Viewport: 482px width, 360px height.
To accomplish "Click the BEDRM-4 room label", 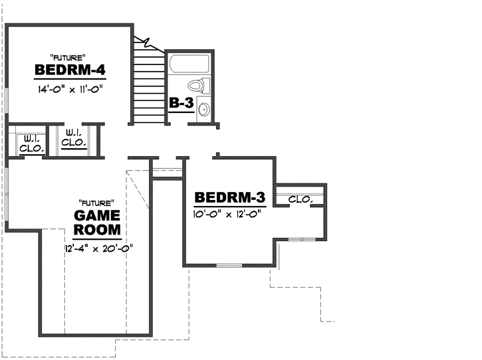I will click(71, 70).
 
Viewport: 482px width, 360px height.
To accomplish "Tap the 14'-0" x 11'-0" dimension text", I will click(71, 87).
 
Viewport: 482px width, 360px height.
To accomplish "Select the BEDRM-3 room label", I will click(231, 197).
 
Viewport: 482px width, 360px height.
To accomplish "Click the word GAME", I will click(97, 216).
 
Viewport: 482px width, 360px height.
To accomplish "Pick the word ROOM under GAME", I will click(97, 230).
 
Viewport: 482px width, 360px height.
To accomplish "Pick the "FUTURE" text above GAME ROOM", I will click(97, 202).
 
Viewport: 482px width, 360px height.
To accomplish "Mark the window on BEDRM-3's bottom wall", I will click(229, 266).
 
